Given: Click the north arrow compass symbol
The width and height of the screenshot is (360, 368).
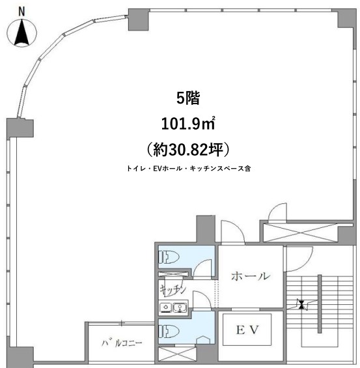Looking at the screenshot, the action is [x=22, y=32].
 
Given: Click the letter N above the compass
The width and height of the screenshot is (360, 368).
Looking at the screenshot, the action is [x=21, y=12].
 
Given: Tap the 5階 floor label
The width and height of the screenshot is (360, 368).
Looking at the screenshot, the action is [x=188, y=98].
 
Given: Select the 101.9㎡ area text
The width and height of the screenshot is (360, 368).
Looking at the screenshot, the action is [x=188, y=124].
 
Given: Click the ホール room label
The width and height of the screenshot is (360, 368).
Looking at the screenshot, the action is [x=250, y=276].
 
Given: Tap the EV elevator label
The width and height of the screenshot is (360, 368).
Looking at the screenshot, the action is [x=247, y=330].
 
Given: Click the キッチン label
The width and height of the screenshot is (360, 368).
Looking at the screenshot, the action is [x=173, y=289].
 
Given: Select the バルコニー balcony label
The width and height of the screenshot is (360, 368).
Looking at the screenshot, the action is [x=122, y=343].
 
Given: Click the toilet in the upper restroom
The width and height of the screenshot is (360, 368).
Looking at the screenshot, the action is [x=169, y=257].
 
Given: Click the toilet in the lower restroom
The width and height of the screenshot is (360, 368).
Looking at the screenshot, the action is [x=169, y=332].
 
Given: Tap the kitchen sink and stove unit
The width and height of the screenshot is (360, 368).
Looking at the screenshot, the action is [x=173, y=307].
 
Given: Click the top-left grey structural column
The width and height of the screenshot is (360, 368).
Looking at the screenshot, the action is [x=139, y=20].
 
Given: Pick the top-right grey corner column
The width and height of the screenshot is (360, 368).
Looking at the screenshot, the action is [x=347, y=18].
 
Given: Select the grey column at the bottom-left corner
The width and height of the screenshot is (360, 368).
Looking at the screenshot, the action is [x=20, y=357].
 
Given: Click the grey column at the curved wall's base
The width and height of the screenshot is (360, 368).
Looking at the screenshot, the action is [x=20, y=128].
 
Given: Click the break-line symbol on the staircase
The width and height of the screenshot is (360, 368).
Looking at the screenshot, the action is [x=301, y=305].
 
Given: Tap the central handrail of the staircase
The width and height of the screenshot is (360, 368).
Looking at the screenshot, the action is [x=320, y=304].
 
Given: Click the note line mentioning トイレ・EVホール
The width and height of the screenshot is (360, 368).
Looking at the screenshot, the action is [x=189, y=169].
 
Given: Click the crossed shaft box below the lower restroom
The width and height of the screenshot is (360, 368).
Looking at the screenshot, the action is [x=177, y=354].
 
